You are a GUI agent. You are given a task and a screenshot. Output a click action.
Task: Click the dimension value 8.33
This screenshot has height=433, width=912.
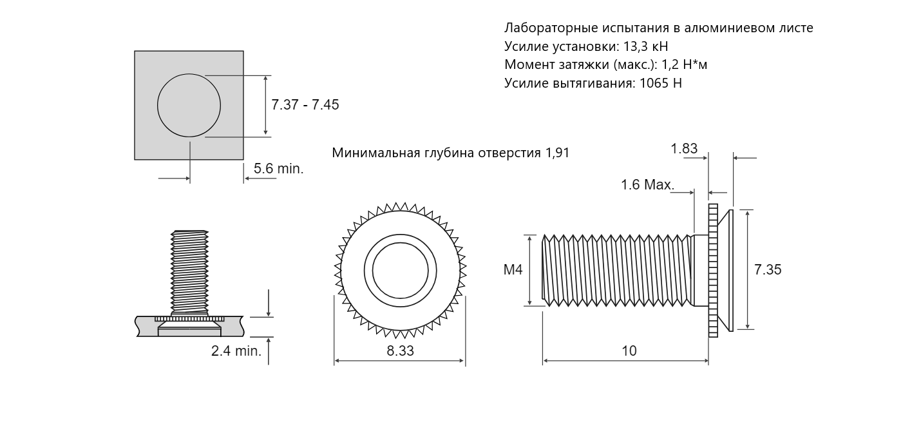400,351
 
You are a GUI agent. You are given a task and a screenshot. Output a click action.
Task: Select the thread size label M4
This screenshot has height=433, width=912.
513,269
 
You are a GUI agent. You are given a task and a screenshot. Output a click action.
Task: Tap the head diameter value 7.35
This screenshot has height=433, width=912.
768,269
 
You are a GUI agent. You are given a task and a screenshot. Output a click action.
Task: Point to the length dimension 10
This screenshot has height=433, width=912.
629,351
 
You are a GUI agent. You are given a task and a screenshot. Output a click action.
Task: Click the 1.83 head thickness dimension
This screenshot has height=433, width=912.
684,148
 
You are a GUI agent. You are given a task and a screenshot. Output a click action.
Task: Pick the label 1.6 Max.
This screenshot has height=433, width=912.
647,185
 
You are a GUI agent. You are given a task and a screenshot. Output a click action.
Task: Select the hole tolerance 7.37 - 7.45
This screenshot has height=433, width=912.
305,104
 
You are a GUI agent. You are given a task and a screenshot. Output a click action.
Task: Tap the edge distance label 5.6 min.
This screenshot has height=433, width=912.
279,169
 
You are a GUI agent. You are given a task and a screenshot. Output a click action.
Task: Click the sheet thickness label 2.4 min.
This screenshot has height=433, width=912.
236,351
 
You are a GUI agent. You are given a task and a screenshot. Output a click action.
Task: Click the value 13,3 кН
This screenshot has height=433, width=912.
646,46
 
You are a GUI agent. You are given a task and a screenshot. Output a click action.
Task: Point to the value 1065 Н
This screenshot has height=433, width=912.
660,83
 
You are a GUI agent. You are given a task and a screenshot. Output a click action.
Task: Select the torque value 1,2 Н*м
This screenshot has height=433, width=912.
684,65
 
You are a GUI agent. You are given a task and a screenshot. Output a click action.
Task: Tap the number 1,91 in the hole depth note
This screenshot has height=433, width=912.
557,153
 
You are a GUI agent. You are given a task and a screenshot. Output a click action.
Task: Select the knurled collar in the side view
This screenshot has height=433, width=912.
713,271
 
